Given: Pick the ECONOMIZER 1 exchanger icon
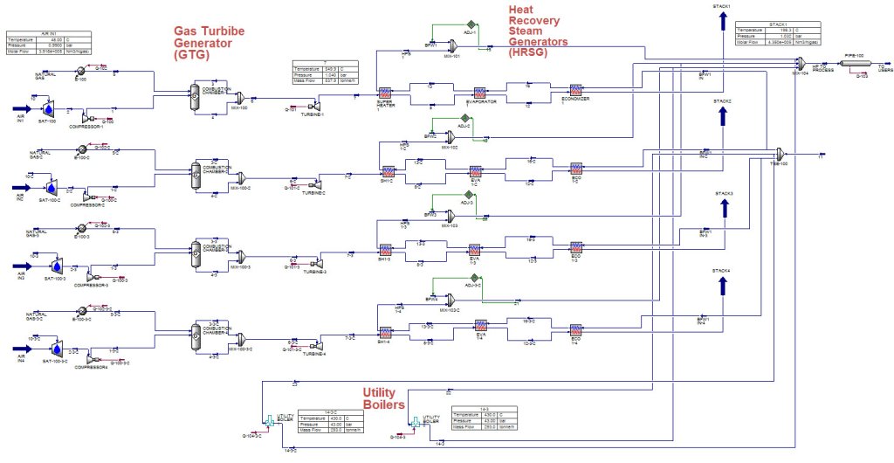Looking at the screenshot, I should [x=575, y=90].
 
